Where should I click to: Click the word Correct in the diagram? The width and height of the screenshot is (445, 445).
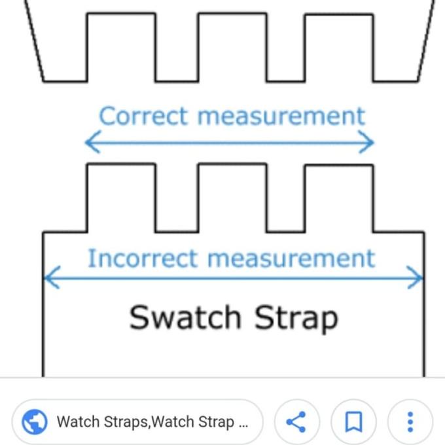(143, 116)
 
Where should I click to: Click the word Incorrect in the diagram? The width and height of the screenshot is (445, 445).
(143, 258)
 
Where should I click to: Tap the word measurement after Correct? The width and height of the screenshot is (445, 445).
(281, 116)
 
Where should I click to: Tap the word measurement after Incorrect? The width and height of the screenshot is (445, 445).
(292, 258)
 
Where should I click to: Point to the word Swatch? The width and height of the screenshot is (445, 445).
(185, 317)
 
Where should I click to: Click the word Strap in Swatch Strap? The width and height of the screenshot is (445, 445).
(296, 319)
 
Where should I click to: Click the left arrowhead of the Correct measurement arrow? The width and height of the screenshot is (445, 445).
(93, 142)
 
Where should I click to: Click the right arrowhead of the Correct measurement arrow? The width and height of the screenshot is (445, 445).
(366, 142)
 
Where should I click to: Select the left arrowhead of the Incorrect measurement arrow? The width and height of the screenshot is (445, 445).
(52, 277)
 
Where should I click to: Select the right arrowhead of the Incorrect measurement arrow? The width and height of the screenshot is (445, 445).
(415, 277)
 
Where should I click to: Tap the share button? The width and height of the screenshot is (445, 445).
(296, 421)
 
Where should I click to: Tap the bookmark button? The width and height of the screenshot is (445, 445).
(353, 421)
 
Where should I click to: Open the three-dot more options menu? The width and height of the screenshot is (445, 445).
(410, 421)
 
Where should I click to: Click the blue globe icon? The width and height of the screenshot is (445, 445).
(35, 421)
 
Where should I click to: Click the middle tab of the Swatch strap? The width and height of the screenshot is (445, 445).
(232, 198)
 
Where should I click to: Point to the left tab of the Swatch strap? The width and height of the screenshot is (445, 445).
(121, 198)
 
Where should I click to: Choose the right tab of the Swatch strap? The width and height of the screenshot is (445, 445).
(339, 198)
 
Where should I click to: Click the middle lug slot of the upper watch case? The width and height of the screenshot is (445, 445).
(232, 47)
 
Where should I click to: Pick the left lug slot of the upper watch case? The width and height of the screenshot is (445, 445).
(121, 47)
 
